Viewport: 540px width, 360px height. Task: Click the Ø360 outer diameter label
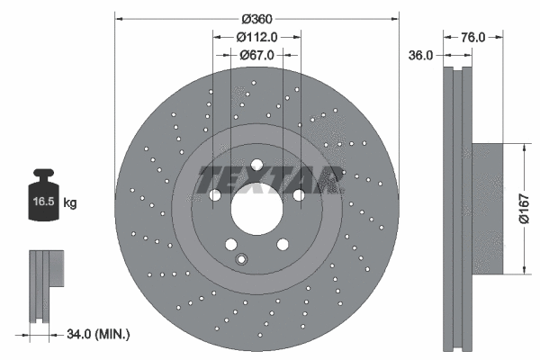[256, 19]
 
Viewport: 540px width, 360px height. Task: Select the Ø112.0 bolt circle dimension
[256, 37]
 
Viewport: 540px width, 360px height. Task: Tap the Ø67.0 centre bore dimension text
[256, 55]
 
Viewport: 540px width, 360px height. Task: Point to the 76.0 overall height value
[473, 37]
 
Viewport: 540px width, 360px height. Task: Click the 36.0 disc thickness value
[421, 55]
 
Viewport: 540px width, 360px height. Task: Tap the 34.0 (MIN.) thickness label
[98, 335]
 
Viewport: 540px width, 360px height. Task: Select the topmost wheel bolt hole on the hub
[256, 165]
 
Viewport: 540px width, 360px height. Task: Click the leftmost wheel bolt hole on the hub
[215, 195]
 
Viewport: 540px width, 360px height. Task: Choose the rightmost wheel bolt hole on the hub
[298, 194]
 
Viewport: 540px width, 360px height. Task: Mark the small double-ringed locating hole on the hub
[240, 260]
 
